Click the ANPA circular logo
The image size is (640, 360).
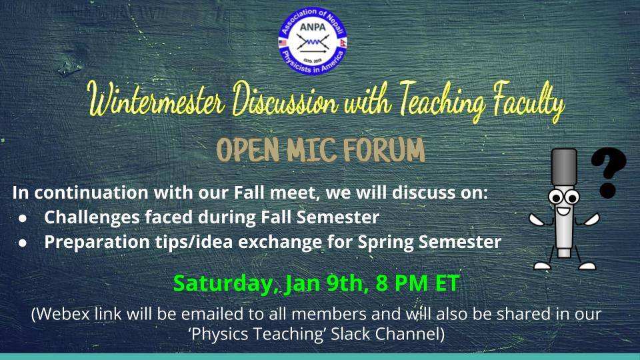tap(313, 41)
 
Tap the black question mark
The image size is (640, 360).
tap(608, 172)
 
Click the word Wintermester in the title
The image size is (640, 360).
tap(157, 100)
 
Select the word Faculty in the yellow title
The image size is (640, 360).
tap(529, 102)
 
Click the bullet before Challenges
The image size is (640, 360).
tap(23, 219)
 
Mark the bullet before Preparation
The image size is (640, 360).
tap(23, 243)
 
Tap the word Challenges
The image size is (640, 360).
tap(92, 218)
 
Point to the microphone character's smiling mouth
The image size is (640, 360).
tap(564, 212)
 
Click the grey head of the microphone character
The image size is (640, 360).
tap(564, 167)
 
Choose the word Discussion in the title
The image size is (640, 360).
tap(285, 99)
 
